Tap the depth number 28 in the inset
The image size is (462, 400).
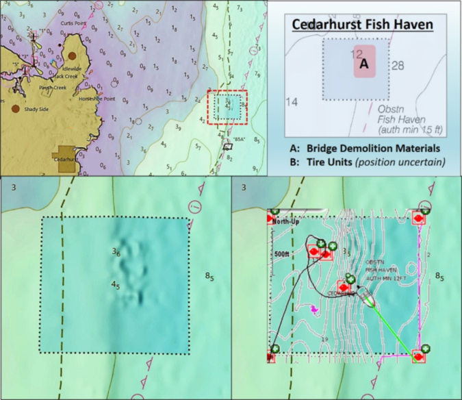(x=398, y=65)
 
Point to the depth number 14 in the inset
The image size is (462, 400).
(x=292, y=102)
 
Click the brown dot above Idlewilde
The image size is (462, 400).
(x=73, y=55)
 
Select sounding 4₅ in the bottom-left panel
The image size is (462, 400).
(x=116, y=284)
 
